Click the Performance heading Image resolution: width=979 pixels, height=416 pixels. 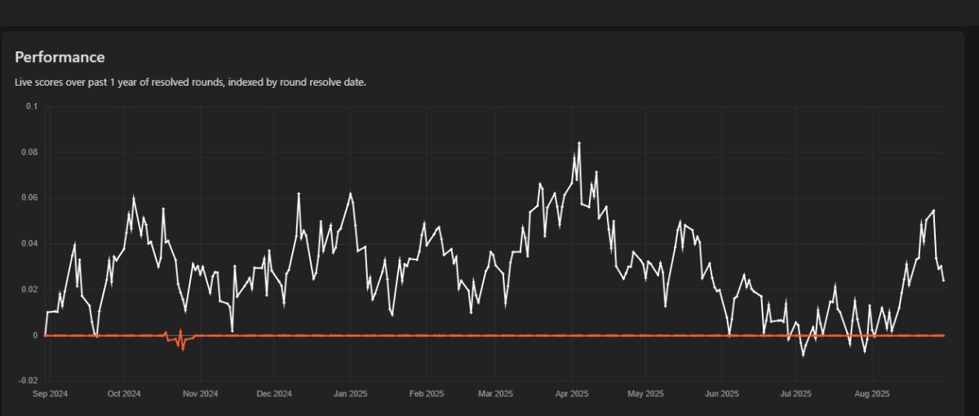(60, 57)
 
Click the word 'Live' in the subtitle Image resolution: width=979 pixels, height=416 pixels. (24, 82)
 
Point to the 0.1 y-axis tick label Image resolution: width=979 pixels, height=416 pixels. (32, 107)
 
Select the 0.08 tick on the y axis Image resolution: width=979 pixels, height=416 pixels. (29, 153)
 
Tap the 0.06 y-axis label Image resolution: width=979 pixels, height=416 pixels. (29, 198)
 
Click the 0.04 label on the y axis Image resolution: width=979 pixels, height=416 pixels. (29, 244)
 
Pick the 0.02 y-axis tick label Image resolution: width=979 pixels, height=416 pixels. (29, 290)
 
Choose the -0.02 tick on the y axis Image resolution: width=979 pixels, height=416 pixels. (28, 381)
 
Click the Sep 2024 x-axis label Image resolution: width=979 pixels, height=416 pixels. (50, 393)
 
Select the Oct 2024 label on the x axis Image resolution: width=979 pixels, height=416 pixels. (124, 393)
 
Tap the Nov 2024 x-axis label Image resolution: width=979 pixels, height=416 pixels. (200, 393)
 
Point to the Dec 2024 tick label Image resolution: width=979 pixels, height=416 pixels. (274, 393)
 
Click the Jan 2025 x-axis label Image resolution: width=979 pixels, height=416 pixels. (350, 393)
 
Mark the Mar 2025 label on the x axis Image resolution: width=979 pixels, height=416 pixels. (495, 393)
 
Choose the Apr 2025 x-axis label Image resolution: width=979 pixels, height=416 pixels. (572, 393)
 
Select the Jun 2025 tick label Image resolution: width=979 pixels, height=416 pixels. (722, 393)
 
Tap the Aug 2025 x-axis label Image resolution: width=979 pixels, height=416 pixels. (871, 393)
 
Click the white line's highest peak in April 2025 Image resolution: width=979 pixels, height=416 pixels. (579, 143)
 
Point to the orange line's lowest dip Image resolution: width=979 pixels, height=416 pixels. (183, 349)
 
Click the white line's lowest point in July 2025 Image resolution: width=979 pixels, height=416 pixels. (803, 356)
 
